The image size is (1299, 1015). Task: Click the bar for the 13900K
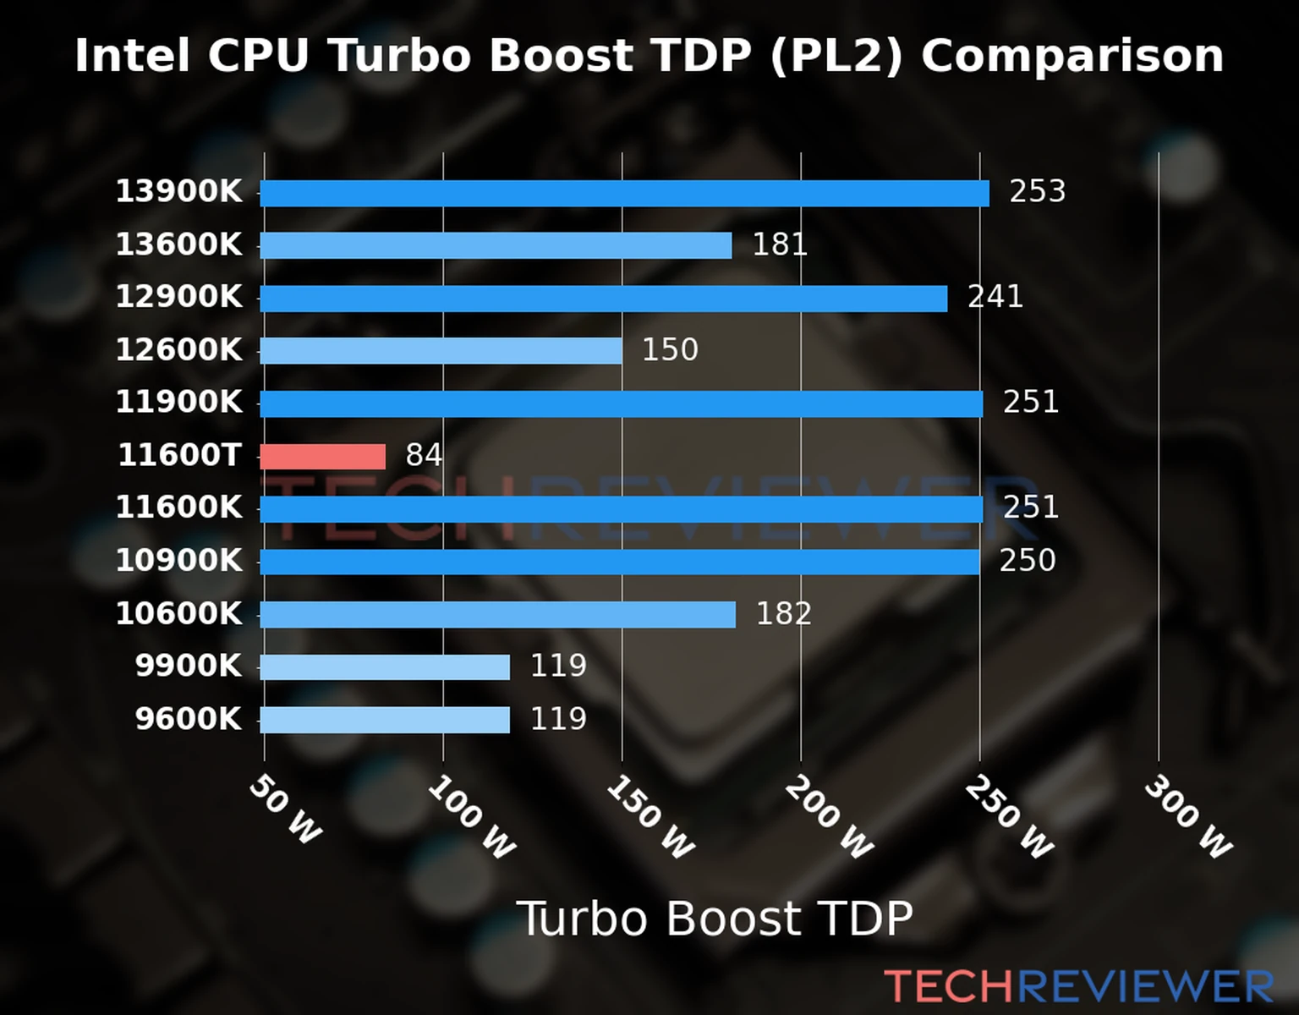click(x=624, y=194)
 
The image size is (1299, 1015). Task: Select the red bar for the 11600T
click(x=322, y=457)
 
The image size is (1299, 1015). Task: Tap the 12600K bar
click(x=441, y=351)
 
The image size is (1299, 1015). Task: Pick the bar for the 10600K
click(x=497, y=615)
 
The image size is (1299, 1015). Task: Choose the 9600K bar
click(x=385, y=720)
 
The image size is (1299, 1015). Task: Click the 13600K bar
click(x=496, y=246)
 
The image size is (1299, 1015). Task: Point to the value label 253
click(x=1037, y=192)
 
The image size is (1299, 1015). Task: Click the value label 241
click(x=995, y=297)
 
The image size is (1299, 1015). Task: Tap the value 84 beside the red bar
click(x=424, y=456)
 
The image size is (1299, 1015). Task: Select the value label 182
click(x=783, y=614)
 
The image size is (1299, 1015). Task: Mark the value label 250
click(x=1028, y=561)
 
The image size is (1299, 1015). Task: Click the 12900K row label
click(x=178, y=297)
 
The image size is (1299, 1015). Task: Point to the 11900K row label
click(x=178, y=403)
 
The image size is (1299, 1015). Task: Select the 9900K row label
click(x=188, y=667)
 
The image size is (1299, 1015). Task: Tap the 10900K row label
click(x=178, y=561)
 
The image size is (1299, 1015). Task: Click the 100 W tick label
click(x=471, y=817)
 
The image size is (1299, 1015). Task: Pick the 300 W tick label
click(x=1188, y=817)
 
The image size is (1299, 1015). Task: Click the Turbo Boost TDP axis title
click(x=715, y=919)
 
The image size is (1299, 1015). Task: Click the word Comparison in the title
click(x=1072, y=57)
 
